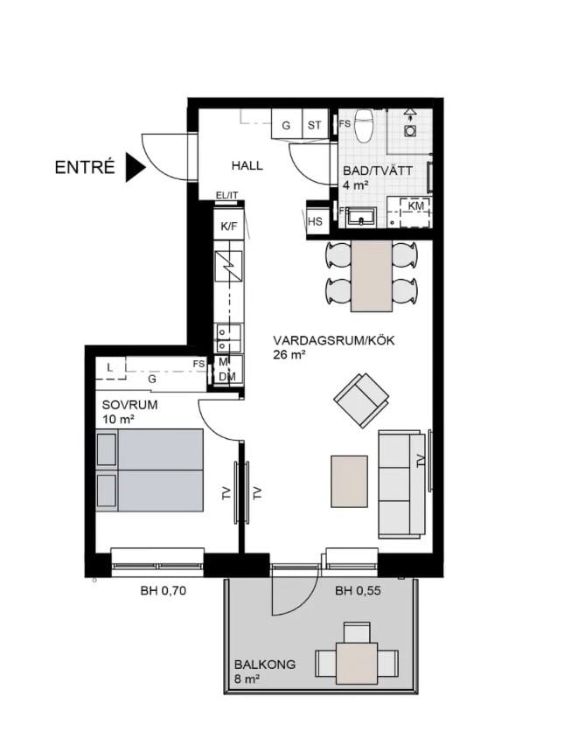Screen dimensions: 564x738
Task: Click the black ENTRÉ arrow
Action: tap(135, 167)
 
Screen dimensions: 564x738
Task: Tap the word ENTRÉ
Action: tap(85, 167)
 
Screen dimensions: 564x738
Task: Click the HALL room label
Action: tap(247, 165)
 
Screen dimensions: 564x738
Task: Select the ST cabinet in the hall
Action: tap(315, 124)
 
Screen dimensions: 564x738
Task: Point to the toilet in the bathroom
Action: tap(364, 125)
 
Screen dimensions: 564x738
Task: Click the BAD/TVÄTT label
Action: tap(378, 171)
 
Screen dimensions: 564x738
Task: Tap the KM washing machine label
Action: tap(415, 205)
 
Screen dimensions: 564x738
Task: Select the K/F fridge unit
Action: tap(229, 226)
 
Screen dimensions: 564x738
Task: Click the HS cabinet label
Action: tap(315, 220)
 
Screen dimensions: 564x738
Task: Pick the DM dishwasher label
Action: tap(227, 377)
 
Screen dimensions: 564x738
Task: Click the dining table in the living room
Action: tap(372, 275)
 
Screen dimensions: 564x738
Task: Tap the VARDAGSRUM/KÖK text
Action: tap(334, 340)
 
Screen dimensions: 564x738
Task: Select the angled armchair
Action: tap(361, 400)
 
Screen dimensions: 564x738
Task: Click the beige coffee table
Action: tap(349, 481)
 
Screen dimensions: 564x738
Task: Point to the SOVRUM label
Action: tap(130, 405)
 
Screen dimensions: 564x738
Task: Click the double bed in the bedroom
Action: tap(150, 470)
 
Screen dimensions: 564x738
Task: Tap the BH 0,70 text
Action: tap(164, 590)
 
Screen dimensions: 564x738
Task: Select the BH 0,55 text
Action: tap(358, 590)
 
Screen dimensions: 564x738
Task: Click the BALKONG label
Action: tap(265, 665)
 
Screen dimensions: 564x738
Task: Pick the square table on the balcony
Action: tap(357, 664)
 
